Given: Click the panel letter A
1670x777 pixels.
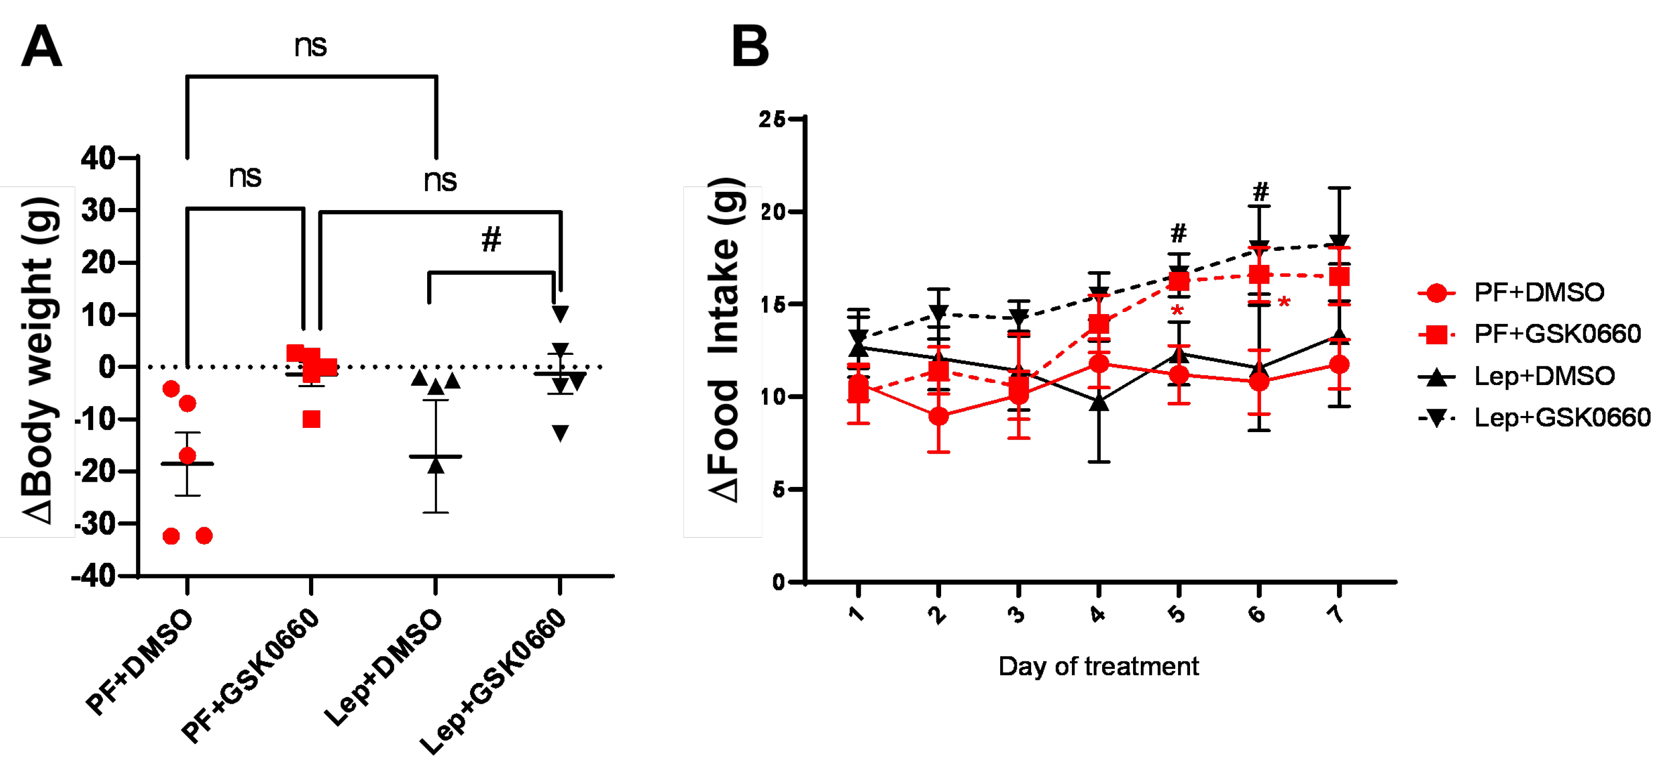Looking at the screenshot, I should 41,47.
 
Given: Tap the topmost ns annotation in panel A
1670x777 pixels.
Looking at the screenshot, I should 311,46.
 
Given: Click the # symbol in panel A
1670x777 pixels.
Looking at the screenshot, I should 491,239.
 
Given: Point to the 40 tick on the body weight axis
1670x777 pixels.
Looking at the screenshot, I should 98,158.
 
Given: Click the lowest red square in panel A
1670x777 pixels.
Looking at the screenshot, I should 311,419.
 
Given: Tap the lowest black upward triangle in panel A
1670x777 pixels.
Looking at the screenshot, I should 436,465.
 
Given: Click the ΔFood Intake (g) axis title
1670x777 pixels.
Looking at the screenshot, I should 723,340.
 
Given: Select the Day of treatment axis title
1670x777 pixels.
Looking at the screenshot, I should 1098,666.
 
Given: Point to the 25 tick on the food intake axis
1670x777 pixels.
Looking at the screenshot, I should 773,119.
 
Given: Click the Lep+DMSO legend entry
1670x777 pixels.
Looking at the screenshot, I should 1543,376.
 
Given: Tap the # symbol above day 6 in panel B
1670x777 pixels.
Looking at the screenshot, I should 1260,192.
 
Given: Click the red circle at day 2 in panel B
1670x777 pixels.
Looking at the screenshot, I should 938,416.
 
